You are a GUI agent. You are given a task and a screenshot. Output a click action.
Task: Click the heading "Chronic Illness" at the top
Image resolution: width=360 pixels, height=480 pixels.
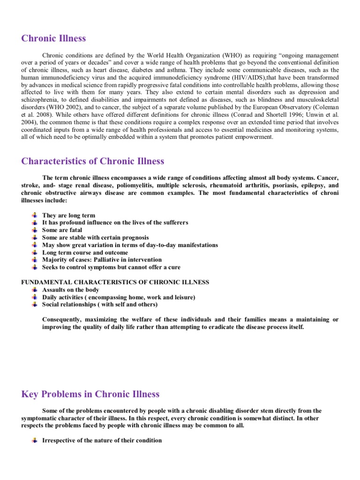[x=53, y=38]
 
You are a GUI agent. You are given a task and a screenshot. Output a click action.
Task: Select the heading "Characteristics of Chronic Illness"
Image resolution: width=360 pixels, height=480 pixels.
[x=93, y=161]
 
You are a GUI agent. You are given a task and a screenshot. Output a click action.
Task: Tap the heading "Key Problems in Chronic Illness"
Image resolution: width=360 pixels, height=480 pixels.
[x=90, y=394]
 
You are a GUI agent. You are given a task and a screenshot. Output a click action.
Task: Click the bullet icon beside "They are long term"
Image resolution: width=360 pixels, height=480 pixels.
[x=34, y=216]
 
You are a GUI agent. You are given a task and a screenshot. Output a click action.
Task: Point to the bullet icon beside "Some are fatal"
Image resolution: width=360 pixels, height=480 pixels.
[x=34, y=230]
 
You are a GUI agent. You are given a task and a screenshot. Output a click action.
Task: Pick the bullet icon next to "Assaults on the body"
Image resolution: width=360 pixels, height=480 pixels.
[x=34, y=290]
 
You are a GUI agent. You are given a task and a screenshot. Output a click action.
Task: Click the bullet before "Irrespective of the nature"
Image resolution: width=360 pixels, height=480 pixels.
[x=34, y=441]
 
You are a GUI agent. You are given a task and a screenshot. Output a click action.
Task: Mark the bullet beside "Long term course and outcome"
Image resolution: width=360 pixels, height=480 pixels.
[x=34, y=253]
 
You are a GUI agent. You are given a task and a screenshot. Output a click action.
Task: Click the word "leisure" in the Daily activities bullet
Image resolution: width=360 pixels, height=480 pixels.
[x=183, y=297]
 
